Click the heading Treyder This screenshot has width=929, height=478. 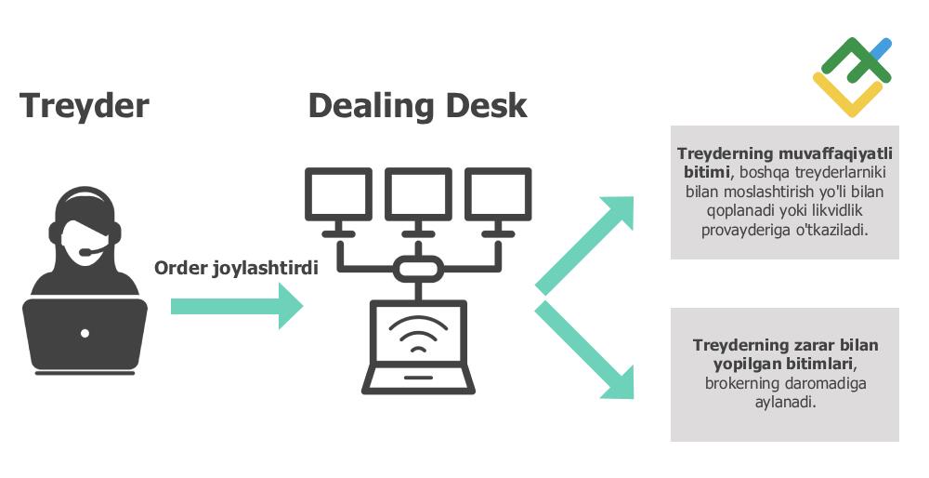pos(84,105)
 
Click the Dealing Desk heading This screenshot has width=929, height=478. pos(417,105)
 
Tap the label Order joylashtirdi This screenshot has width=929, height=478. pos(236,268)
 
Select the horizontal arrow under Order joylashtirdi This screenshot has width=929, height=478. pos(237,306)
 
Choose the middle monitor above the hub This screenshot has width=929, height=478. pos(418,194)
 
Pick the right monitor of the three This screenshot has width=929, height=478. pos(498,194)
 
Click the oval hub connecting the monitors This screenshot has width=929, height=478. pos(418,270)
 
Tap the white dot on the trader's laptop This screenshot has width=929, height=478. pos(85,333)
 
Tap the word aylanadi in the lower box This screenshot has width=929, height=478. pos(785,403)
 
